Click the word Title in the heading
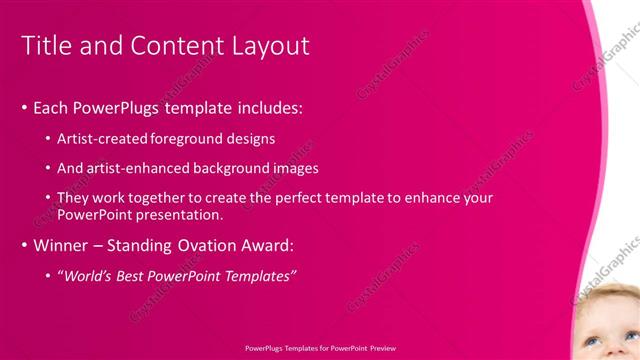(x=47, y=46)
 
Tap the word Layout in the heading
(x=264, y=46)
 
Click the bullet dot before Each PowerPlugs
(x=24, y=107)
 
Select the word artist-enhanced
(x=138, y=168)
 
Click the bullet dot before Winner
(x=24, y=245)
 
